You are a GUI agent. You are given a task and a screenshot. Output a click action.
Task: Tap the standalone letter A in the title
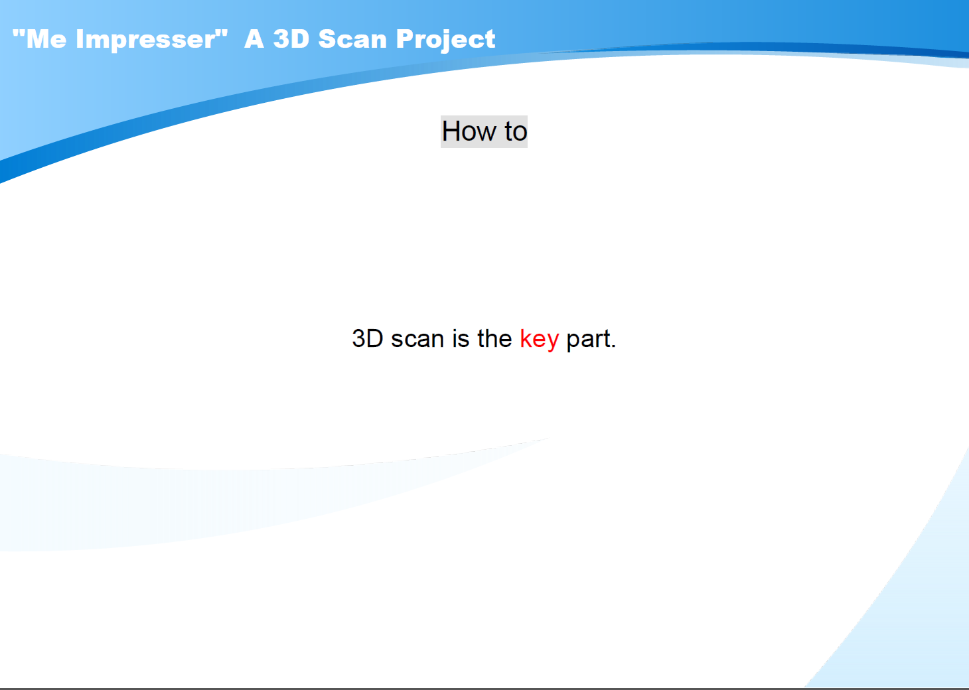pyautogui.click(x=254, y=39)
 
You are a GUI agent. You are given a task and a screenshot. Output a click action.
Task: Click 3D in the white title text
pyautogui.click(x=291, y=39)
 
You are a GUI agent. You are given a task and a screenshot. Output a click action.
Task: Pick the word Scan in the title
pyautogui.click(x=352, y=39)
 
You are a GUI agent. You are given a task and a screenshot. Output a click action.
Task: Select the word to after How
pyautogui.click(x=516, y=131)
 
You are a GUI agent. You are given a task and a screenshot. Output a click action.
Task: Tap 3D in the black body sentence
pyautogui.click(x=368, y=338)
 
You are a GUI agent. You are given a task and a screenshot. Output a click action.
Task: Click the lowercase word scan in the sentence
pyautogui.click(x=417, y=339)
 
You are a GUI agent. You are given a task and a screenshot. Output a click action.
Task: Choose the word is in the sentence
pyautogui.click(x=461, y=338)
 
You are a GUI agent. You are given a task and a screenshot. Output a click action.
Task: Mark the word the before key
pyautogui.click(x=494, y=338)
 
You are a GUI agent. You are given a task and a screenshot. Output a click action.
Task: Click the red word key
pyautogui.click(x=539, y=340)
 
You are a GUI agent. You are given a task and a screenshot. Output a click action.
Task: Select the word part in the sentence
pyautogui.click(x=587, y=340)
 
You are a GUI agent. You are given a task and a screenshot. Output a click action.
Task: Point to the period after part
pyautogui.click(x=613, y=346)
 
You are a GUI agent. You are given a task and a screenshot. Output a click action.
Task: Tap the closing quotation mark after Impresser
pyautogui.click(x=222, y=33)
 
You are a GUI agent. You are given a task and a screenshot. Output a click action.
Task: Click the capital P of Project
pyautogui.click(x=406, y=39)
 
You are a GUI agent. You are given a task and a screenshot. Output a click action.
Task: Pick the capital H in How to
pyautogui.click(x=451, y=131)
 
